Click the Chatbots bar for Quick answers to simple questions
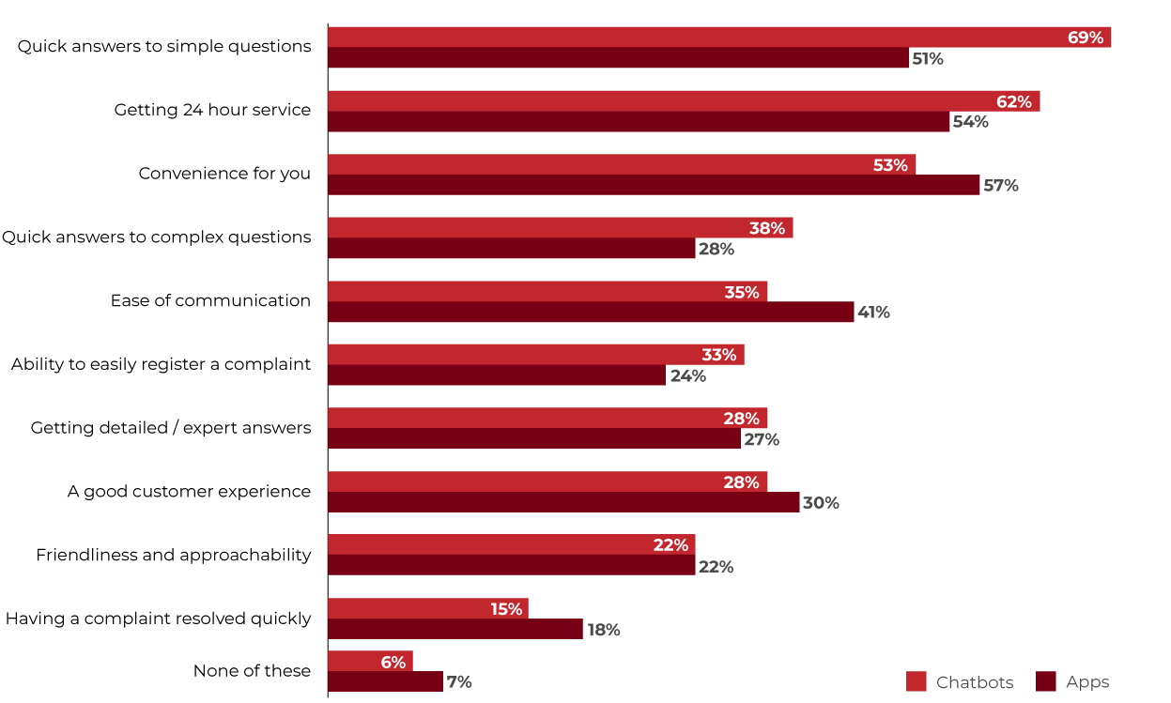718,38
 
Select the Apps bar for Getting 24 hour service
639,122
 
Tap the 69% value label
1085,38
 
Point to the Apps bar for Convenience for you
654,185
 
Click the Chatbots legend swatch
917,682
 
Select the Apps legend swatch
1045,682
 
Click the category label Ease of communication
210,301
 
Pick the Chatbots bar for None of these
370,662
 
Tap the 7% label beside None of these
459,682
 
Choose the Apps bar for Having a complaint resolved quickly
455,629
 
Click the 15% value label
506,609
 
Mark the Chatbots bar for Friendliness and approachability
512,544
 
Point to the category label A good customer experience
189,492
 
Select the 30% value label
820,503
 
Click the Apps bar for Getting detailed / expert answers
534,438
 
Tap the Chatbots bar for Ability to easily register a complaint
535,355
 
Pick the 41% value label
872,313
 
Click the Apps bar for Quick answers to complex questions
512,249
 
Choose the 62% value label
1013,101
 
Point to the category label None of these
252,671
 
